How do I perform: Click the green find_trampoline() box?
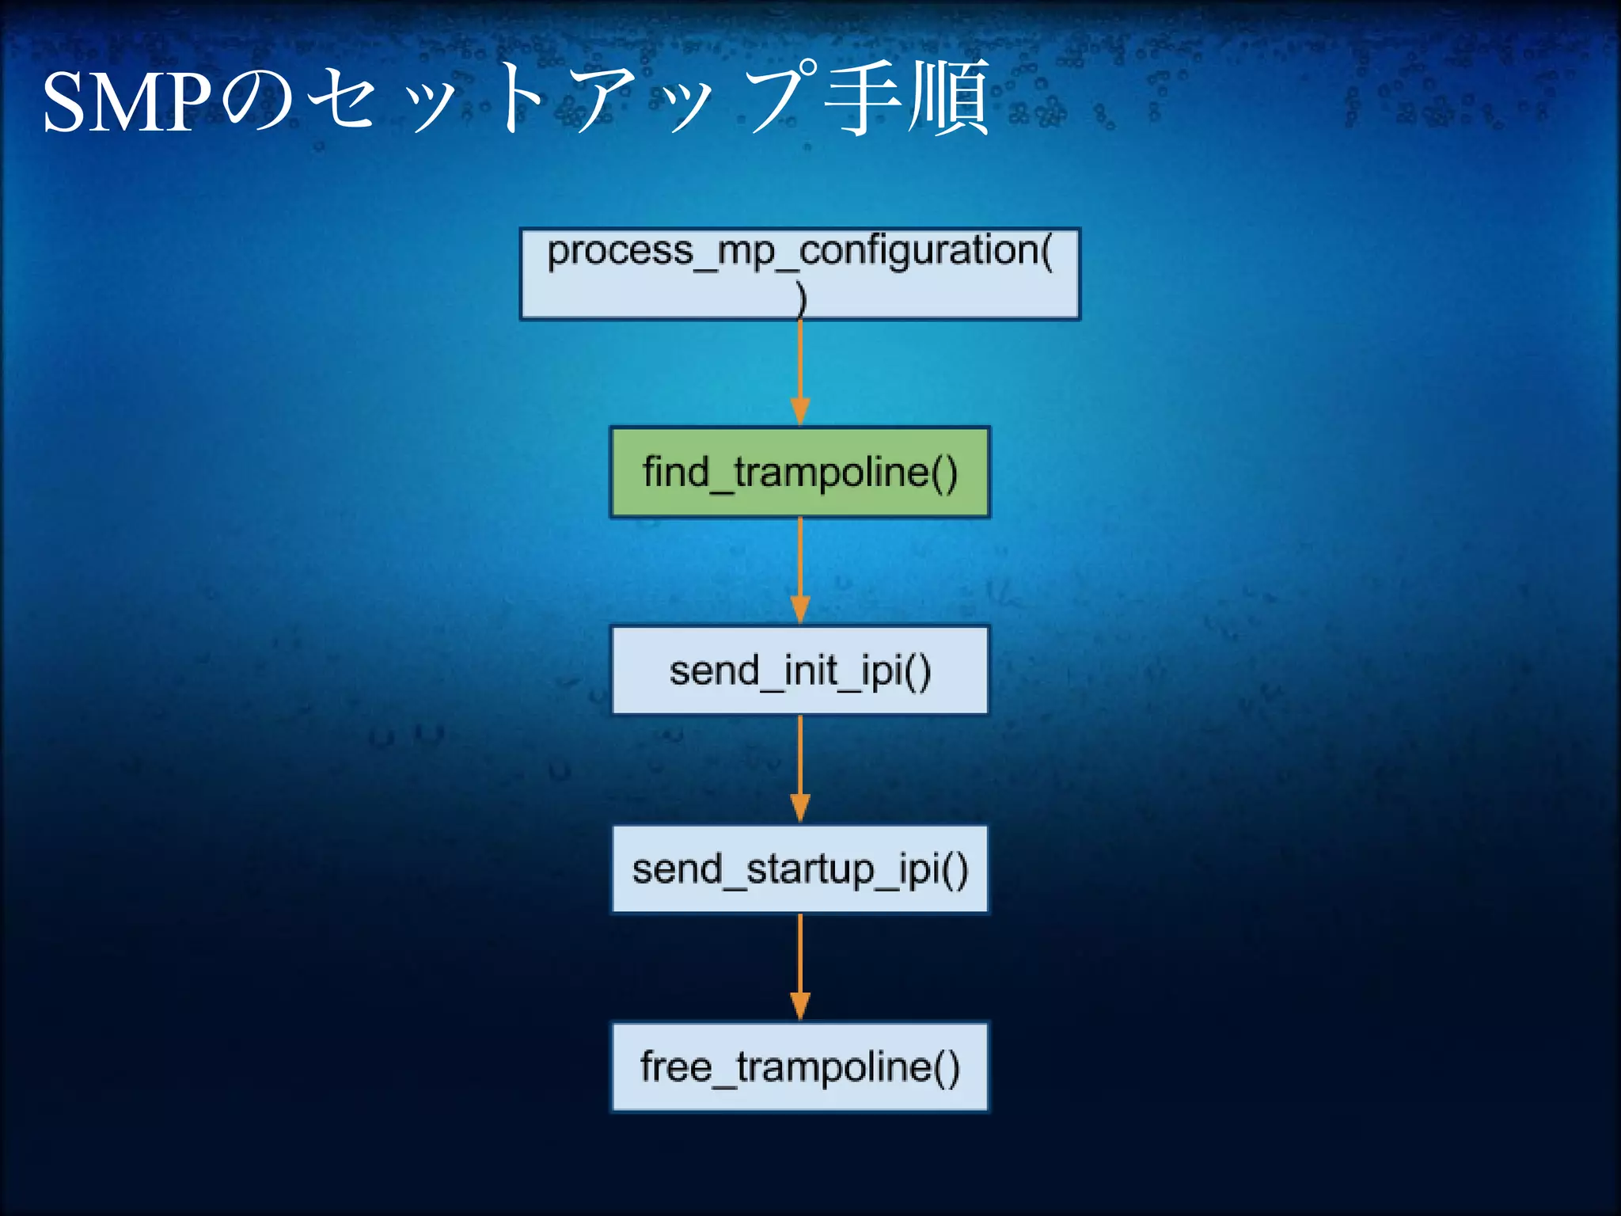(x=799, y=473)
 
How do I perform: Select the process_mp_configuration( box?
(x=799, y=274)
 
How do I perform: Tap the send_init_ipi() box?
(x=799, y=671)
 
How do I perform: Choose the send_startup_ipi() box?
(x=799, y=869)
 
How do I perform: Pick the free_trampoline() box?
(x=799, y=1067)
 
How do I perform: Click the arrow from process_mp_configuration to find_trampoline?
(x=800, y=368)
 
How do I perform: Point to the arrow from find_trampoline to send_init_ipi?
(x=800, y=566)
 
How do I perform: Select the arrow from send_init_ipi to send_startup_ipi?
(x=800, y=764)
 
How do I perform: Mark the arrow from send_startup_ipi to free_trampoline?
(x=800, y=962)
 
